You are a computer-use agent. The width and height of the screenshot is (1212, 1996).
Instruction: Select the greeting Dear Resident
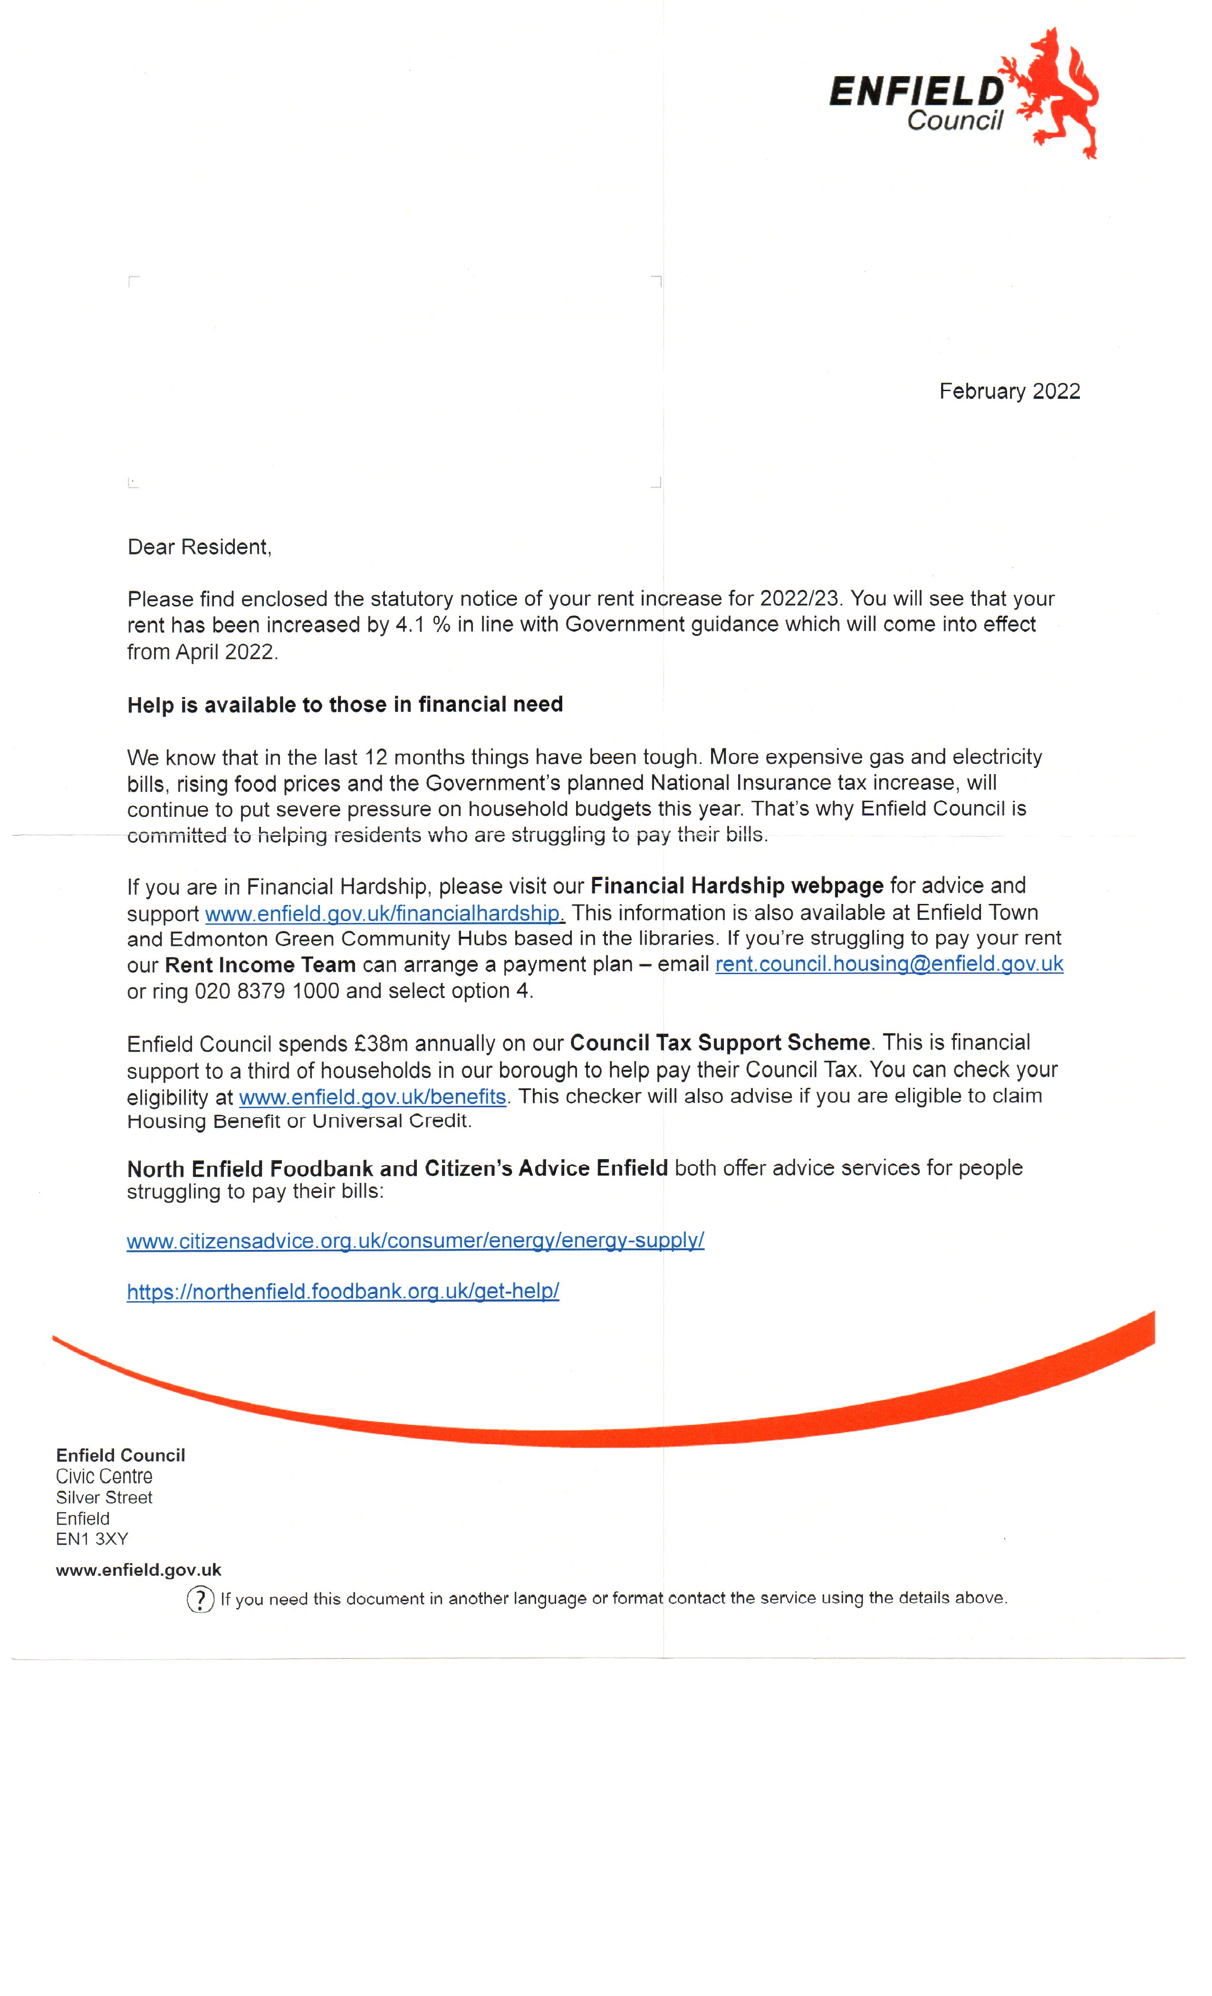(199, 547)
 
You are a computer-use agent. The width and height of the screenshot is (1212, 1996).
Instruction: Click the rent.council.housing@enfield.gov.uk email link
(889, 964)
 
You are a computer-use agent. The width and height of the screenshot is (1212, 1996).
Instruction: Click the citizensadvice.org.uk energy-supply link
(415, 1240)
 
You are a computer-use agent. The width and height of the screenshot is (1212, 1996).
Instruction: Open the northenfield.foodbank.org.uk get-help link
(343, 1291)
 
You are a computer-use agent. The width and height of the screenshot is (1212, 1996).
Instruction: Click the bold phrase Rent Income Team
(260, 965)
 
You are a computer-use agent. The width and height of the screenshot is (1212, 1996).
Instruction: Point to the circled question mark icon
(200, 1599)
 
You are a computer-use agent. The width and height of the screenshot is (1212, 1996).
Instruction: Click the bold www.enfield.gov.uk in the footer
(138, 1570)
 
